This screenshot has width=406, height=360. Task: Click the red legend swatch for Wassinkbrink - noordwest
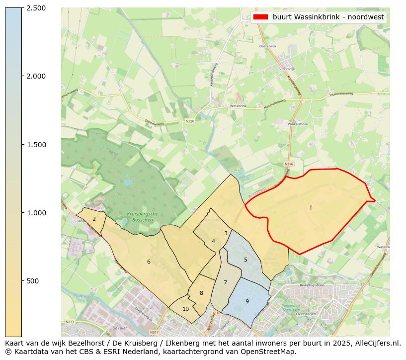coord(260,17)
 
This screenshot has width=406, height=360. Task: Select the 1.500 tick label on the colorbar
coord(36,145)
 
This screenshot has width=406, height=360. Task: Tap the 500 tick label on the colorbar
coord(33,281)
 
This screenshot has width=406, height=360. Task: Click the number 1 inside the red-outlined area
coord(311,207)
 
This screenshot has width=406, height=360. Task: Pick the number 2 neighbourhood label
coord(94,219)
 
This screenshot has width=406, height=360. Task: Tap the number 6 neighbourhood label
coord(149,262)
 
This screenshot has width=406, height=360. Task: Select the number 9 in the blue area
coord(247,301)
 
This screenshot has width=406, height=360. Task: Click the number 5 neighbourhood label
coord(245,260)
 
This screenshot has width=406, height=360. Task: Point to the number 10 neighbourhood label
coord(185,309)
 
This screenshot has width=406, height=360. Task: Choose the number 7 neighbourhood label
coord(225,282)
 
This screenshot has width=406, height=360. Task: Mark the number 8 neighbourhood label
coord(201,293)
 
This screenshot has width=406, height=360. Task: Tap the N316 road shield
coord(289,164)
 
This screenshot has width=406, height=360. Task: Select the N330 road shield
coord(190,121)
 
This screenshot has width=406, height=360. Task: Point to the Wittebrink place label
coord(238,106)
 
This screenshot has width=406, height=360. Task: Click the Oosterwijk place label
coord(267,46)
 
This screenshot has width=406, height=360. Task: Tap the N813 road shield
coord(70,322)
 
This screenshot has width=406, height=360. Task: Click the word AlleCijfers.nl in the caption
coord(376,343)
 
